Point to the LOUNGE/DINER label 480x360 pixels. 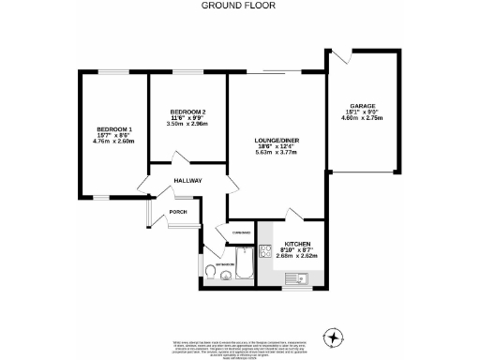click(276, 141)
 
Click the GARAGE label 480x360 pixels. click(363, 107)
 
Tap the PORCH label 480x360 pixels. click(178, 212)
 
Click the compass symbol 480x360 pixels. click(332, 337)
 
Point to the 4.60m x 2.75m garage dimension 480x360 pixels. click(363, 120)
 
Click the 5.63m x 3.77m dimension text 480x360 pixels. click(276, 154)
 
